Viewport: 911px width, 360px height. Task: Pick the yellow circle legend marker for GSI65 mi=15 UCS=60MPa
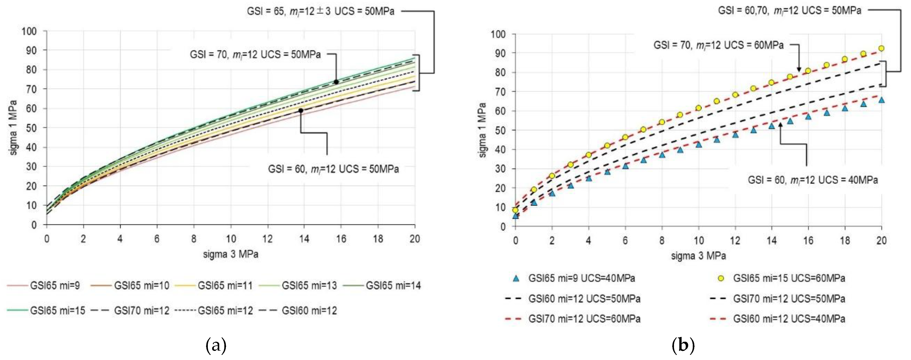click(x=721, y=278)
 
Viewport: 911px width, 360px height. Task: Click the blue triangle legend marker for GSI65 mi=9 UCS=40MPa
click(x=516, y=278)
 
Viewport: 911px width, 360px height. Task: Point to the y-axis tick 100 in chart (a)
click(x=29, y=31)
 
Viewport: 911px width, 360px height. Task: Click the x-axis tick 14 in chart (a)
click(x=304, y=239)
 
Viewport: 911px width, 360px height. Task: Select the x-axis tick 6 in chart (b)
click(x=625, y=241)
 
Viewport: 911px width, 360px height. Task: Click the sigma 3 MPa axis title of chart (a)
click(x=231, y=254)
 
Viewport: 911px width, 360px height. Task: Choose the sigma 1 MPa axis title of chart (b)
click(x=482, y=130)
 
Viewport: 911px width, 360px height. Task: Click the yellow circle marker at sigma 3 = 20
click(x=881, y=48)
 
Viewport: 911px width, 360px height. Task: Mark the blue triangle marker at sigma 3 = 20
click(x=881, y=100)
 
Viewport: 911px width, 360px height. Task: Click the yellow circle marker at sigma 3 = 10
click(x=698, y=108)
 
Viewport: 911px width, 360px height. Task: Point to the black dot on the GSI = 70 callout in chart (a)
click(x=336, y=82)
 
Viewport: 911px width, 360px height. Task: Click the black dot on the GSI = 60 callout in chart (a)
click(x=301, y=110)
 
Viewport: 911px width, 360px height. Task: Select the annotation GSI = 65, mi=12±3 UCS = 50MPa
click(x=320, y=11)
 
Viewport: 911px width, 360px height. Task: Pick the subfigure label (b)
click(x=683, y=345)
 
